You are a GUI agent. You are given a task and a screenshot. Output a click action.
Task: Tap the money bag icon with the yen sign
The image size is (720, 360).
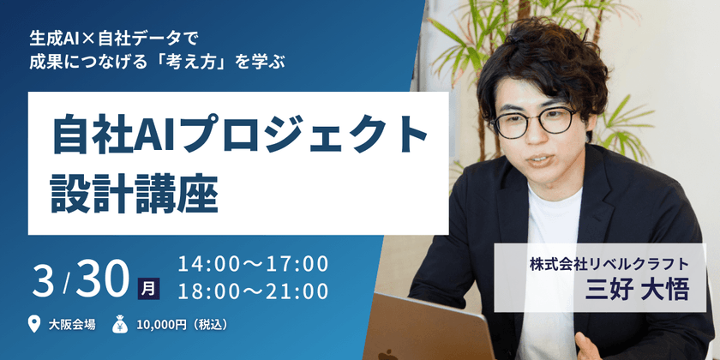coord(120,324)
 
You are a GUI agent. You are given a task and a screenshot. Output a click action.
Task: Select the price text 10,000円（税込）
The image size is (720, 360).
coord(182,325)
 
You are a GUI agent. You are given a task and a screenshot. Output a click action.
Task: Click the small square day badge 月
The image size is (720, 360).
coord(149,289)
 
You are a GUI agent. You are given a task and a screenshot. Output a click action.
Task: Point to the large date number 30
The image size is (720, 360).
coord(101,279)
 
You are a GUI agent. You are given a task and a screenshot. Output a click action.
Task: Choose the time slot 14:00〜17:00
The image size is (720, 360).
coord(254,264)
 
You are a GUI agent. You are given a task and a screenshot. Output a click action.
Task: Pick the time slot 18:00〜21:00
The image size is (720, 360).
coord(254,291)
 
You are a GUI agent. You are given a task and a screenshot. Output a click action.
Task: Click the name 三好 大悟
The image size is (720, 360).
coord(638,291)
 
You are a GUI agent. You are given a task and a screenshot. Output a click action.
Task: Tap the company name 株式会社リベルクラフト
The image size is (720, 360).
coord(609,265)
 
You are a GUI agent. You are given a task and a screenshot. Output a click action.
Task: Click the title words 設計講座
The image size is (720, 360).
coord(134,195)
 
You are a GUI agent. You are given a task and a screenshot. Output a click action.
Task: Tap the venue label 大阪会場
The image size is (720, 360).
coord(72,325)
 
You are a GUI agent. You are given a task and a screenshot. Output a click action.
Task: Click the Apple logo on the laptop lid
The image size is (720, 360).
coord(388,355)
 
